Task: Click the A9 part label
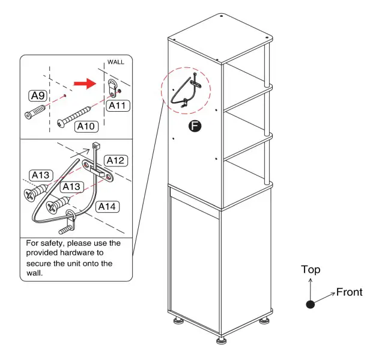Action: pos(37,95)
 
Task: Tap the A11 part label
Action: pos(118,105)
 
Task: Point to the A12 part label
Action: pos(115,160)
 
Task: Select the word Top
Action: pos(311,270)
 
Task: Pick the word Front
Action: pos(349,292)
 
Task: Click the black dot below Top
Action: pos(310,305)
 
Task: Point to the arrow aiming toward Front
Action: pos(324,297)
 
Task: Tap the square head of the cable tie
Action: pos(95,146)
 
